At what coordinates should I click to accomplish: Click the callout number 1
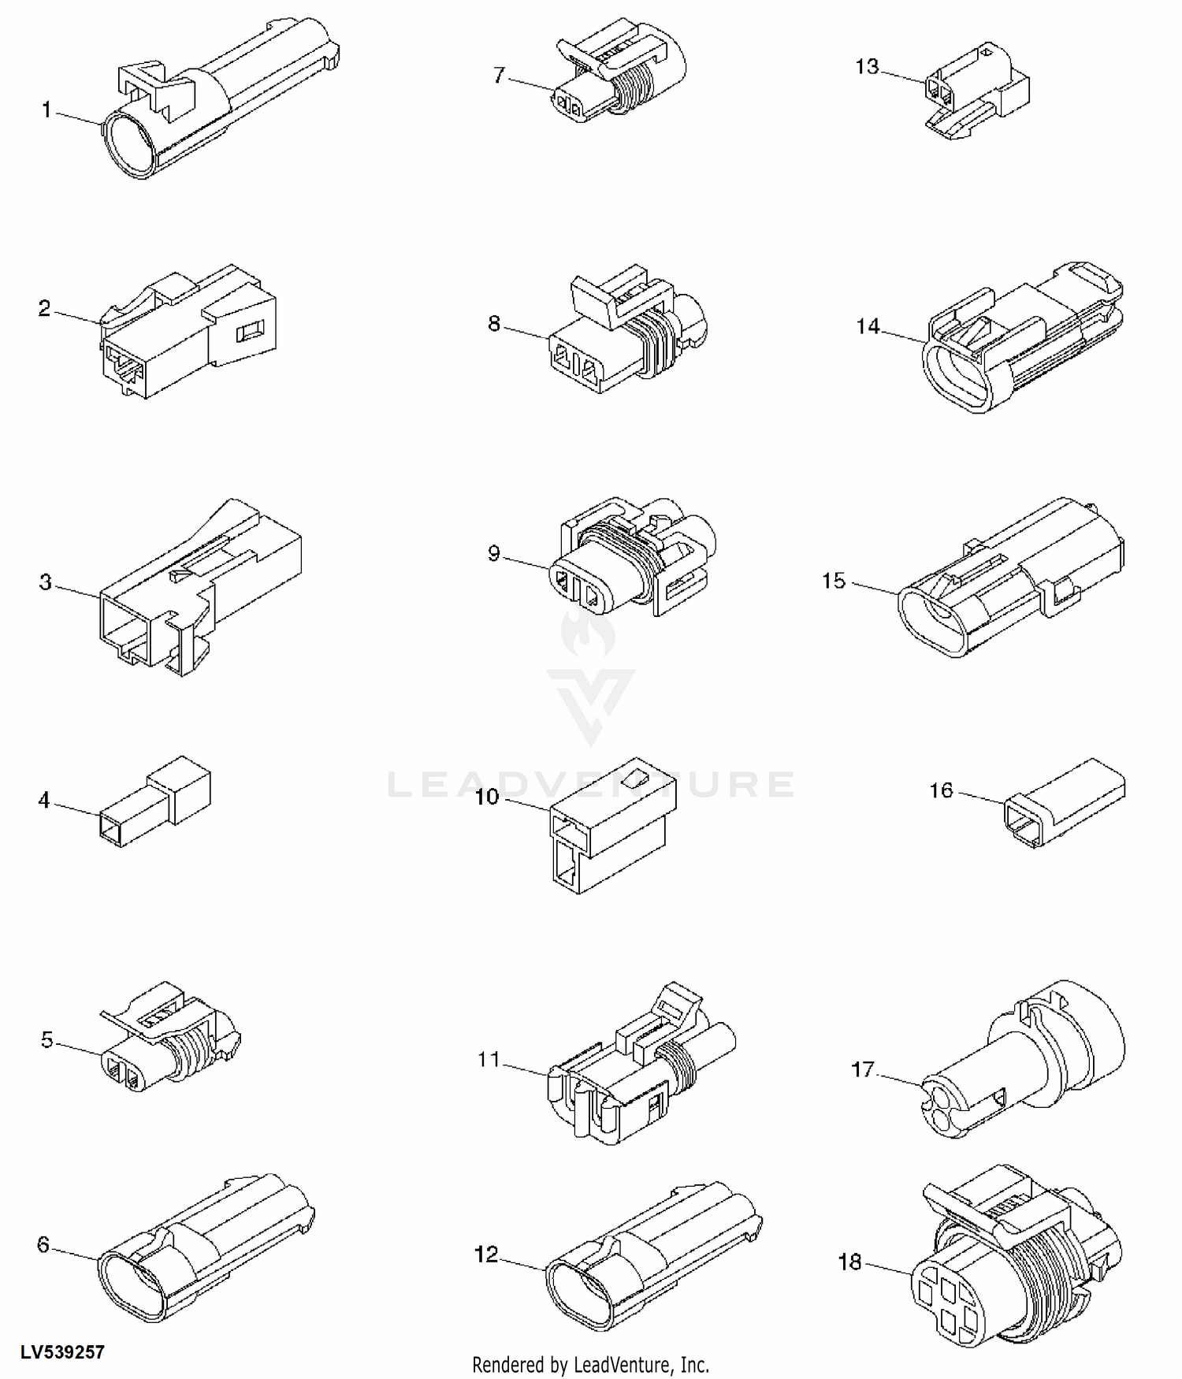point(46,110)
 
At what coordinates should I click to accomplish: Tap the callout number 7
point(499,76)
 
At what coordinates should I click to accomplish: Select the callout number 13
point(867,67)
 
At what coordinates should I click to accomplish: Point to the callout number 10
point(487,797)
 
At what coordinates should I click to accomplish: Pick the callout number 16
point(942,790)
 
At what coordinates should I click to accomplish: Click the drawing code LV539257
point(62,1352)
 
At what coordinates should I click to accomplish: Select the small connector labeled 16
point(1065,803)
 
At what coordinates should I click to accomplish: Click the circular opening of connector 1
point(131,144)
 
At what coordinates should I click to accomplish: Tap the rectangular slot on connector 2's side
point(251,332)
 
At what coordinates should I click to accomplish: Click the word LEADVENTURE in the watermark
point(591,784)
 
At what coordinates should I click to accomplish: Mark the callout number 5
point(47,1040)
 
